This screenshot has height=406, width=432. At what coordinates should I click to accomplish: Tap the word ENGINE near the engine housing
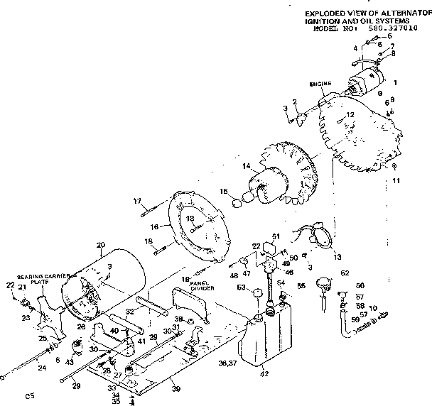point(320,84)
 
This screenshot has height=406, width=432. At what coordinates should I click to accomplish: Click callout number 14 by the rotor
point(247,167)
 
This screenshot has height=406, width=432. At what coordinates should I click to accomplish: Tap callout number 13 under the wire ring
point(316,256)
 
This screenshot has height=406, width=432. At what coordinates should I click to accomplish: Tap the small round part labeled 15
point(237,204)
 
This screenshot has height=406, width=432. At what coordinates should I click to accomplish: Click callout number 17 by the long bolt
point(138,202)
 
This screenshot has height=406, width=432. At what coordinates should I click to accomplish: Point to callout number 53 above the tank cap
point(240,287)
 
